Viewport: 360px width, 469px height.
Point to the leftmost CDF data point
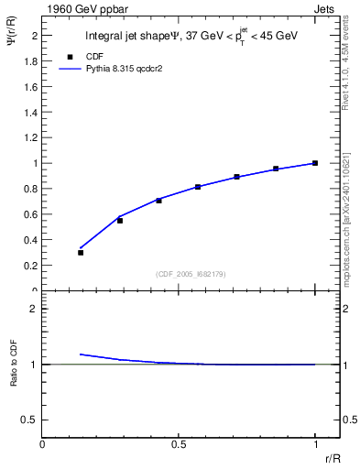81,252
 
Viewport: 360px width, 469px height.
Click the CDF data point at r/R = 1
315,163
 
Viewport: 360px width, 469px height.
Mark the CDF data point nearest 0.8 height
198,187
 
